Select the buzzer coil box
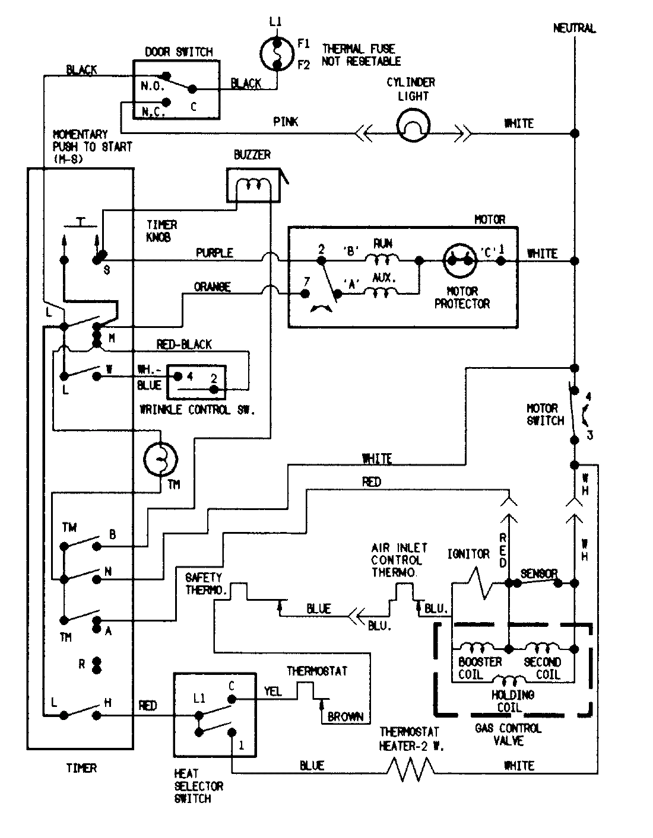[253, 186]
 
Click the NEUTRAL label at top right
[574, 28]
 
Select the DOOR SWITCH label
[179, 52]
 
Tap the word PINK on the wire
[286, 122]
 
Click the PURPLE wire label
[214, 253]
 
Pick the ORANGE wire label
[212, 287]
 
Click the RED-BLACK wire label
[184, 345]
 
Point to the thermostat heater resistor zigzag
[411, 767]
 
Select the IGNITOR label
[468, 554]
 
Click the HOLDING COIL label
[512, 700]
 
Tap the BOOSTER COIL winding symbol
[478, 647]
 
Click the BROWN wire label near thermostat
[345, 716]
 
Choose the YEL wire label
[272, 692]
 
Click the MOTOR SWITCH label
[545, 415]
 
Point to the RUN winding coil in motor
[382, 259]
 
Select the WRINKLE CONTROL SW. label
[196, 410]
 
